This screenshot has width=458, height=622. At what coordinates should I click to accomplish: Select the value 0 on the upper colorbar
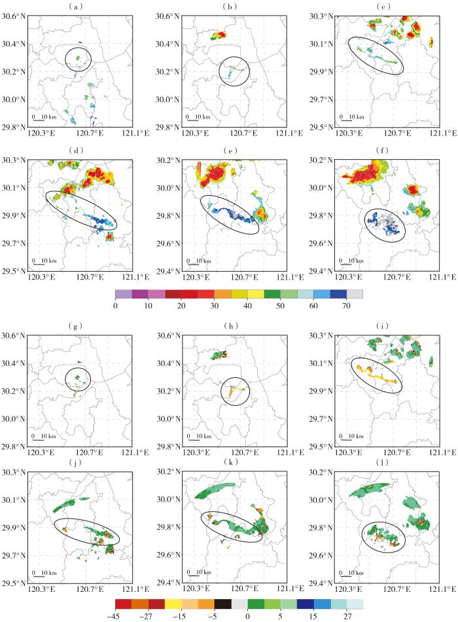[115, 305]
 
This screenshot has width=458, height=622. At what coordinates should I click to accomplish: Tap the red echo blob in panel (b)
[220, 36]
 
